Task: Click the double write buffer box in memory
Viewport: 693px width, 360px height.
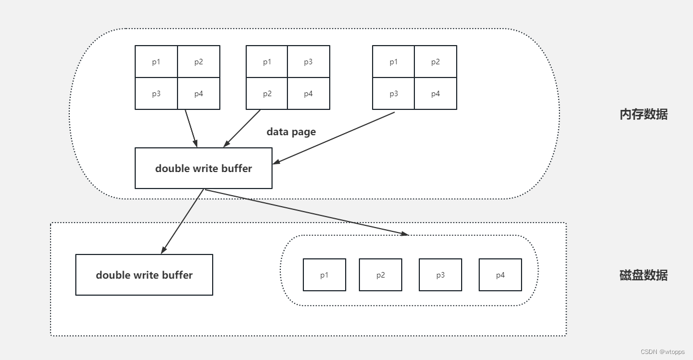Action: (x=203, y=168)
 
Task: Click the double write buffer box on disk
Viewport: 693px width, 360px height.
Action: (x=144, y=275)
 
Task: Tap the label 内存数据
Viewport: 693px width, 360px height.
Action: (x=643, y=114)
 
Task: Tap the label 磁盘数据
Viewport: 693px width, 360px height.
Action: (x=643, y=275)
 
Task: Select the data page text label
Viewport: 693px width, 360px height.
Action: (x=291, y=132)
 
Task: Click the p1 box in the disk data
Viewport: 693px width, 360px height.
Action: (x=324, y=275)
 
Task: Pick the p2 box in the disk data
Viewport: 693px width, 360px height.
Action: (x=380, y=275)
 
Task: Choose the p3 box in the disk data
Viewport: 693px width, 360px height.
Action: (x=440, y=275)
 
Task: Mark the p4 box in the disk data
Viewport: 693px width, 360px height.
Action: (x=500, y=275)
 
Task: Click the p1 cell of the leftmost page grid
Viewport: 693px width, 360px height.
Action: (x=157, y=62)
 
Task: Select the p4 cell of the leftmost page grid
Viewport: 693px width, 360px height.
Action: (x=198, y=93)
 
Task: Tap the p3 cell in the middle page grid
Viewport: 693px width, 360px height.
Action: (x=308, y=62)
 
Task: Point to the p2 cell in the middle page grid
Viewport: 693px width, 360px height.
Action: (x=267, y=93)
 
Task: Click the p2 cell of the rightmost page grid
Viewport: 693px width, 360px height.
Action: (x=435, y=62)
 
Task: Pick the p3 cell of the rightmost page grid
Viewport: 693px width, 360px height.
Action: (x=393, y=93)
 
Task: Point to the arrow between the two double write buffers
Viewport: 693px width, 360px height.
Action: (x=182, y=221)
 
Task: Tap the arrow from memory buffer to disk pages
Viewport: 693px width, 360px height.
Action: (x=306, y=212)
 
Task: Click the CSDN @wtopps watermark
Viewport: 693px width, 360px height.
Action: (x=662, y=352)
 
